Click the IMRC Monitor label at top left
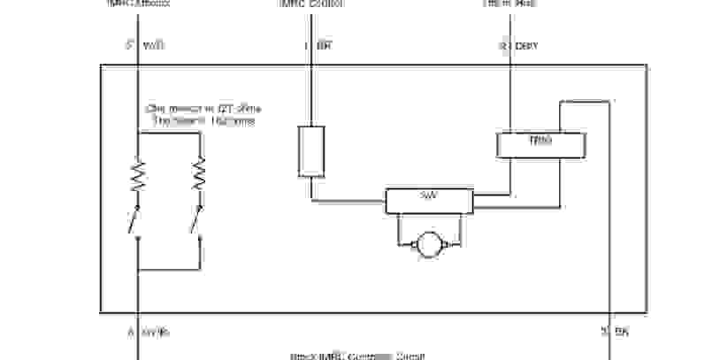click(x=138, y=4)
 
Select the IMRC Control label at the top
click(x=311, y=4)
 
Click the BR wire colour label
click(x=324, y=46)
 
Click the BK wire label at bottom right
click(x=620, y=333)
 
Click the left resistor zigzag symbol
click(x=138, y=176)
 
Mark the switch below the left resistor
click(x=135, y=221)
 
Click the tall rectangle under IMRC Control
click(x=310, y=151)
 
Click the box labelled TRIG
click(x=540, y=144)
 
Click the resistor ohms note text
click(x=204, y=115)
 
